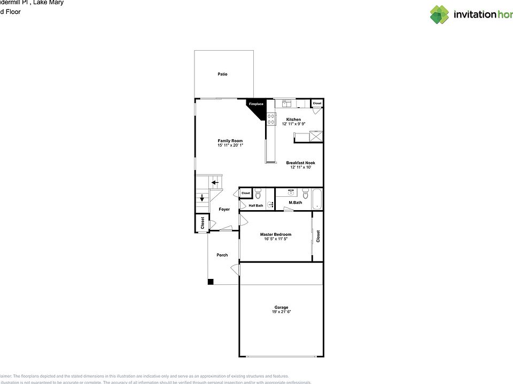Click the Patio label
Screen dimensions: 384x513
point(222,74)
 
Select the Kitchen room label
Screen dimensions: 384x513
point(293,119)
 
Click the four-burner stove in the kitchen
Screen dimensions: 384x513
point(271,119)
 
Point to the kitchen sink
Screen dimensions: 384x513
point(286,102)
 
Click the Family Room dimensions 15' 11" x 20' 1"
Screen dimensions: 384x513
point(230,145)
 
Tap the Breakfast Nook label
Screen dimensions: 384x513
point(300,163)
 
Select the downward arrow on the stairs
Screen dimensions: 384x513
point(202,199)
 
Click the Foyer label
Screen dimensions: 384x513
point(224,209)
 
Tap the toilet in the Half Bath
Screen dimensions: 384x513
point(257,193)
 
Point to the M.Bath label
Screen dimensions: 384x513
point(296,203)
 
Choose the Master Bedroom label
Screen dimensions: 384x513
point(276,234)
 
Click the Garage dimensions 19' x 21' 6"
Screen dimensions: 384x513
point(281,311)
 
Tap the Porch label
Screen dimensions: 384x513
point(222,255)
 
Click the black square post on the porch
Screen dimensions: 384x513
point(211,282)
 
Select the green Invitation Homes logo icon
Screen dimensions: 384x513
point(439,14)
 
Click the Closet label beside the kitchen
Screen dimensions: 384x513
point(317,103)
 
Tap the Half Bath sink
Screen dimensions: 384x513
point(269,204)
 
